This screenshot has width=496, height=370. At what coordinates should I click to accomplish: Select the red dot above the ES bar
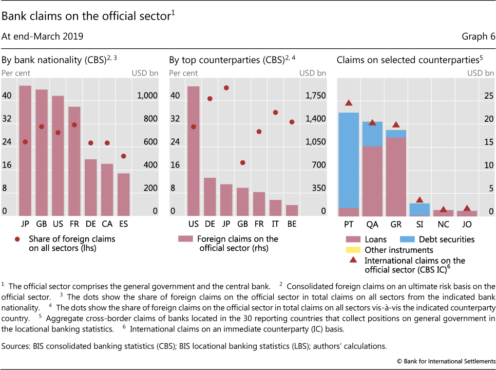click(124, 156)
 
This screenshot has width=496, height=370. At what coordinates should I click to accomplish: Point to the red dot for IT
click(275, 113)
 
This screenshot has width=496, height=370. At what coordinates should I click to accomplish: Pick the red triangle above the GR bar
click(396, 125)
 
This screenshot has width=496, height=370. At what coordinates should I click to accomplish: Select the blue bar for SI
click(419, 209)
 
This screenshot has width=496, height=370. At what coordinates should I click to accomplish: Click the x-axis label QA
click(372, 225)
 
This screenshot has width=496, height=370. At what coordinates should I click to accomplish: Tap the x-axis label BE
click(292, 225)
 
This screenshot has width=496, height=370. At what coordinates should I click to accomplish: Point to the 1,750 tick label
click(315, 96)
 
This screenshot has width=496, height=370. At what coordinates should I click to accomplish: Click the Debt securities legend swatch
click(406, 239)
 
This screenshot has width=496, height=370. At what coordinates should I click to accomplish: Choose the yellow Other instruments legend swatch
click(353, 250)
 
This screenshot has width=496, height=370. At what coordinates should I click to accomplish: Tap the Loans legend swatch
click(353, 239)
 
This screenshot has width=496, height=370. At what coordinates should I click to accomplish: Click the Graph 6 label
click(478, 36)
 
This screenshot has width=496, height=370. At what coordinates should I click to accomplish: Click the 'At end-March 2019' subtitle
click(43, 36)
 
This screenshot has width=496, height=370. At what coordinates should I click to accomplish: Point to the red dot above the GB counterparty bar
click(242, 162)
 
